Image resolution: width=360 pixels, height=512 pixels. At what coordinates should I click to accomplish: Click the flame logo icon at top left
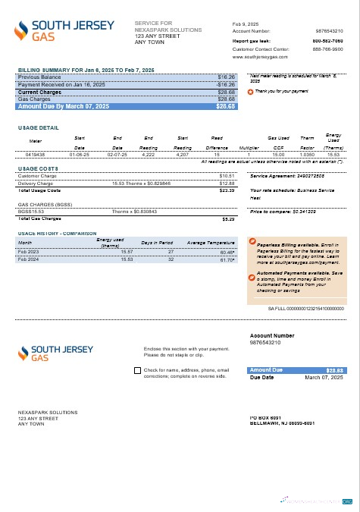[23, 31]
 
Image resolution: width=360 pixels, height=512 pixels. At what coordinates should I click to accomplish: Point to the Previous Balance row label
[37, 77]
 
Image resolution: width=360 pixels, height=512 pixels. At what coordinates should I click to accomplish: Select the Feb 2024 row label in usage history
[29, 259]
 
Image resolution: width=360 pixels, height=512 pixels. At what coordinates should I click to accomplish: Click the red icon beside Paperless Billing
[252, 242]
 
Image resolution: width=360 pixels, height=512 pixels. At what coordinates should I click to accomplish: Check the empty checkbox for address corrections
[136, 371]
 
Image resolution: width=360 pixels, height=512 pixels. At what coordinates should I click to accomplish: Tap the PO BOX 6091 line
[265, 418]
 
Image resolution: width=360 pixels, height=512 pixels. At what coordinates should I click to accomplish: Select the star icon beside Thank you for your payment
[251, 91]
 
